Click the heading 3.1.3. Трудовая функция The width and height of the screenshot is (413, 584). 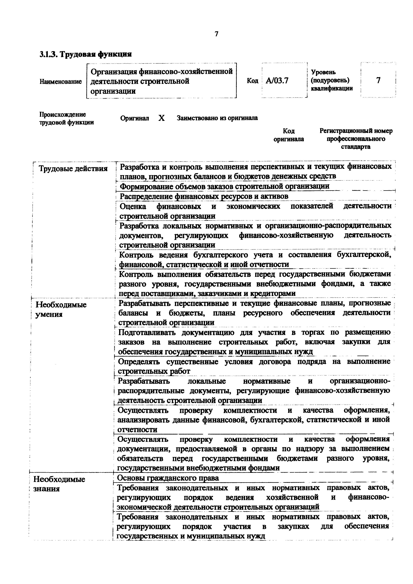point(86,54)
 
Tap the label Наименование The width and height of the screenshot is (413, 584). point(61,82)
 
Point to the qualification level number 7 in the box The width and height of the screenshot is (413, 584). point(378,80)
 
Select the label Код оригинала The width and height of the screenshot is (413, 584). point(289,135)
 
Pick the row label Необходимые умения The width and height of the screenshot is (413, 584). point(61,309)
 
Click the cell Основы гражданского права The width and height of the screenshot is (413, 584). point(168,478)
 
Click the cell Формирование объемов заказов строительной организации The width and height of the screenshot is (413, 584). point(224,186)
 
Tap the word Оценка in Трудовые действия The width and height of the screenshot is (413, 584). point(133,206)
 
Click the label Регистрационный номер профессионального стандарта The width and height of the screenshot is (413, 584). point(356,139)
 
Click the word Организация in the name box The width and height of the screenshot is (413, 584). point(113,72)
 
